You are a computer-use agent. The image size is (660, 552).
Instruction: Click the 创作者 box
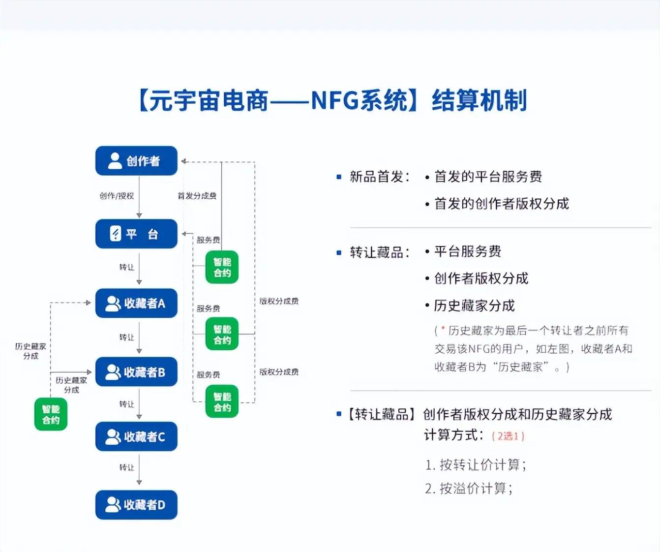[x=136, y=161]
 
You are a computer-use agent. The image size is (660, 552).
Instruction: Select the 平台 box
[x=136, y=234]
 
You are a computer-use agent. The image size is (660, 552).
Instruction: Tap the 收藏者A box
[x=136, y=303]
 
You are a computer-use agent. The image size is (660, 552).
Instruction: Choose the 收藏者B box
[x=136, y=372]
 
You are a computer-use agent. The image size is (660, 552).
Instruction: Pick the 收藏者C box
[x=136, y=436]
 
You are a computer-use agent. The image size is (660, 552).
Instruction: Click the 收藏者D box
[x=136, y=505]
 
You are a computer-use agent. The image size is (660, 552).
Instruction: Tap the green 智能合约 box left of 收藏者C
[x=51, y=414]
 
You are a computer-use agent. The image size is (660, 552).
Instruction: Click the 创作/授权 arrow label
[x=117, y=196]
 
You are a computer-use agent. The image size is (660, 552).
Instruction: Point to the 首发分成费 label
[x=197, y=196]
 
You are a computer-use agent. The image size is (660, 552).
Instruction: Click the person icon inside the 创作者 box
[x=115, y=161]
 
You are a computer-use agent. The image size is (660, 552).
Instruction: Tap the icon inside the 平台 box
[x=115, y=234]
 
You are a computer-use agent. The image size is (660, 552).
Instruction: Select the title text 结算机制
[x=479, y=100]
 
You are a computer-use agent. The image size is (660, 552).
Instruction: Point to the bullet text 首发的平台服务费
[x=488, y=177]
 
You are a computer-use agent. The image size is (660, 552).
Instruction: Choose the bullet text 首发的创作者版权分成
[x=501, y=204]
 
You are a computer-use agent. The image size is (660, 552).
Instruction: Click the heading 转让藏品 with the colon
[x=379, y=252]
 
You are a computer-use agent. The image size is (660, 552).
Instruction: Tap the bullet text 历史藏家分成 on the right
[x=474, y=306]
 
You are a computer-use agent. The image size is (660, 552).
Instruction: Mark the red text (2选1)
[x=508, y=436]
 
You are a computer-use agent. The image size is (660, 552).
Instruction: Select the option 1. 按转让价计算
[x=476, y=465]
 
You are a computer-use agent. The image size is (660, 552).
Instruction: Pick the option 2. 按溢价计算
[x=469, y=489]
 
